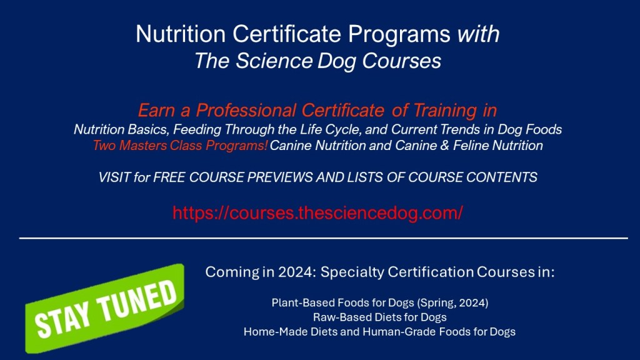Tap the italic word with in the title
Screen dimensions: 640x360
click(478, 34)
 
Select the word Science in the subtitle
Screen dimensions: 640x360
click(274, 61)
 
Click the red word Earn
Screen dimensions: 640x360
click(156, 110)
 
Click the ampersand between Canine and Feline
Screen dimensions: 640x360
click(444, 145)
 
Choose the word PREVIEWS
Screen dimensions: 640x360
click(279, 177)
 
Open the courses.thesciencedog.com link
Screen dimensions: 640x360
click(317, 212)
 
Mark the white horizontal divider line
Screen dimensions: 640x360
click(323, 238)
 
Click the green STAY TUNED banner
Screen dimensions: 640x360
click(105, 309)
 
